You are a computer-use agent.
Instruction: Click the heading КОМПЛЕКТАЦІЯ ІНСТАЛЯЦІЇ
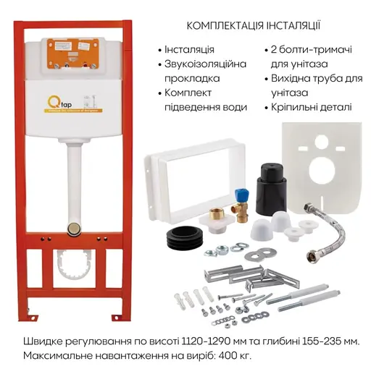click(x=254, y=25)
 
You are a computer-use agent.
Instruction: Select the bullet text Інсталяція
click(x=190, y=50)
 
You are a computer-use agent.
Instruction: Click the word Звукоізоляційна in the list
click(x=205, y=64)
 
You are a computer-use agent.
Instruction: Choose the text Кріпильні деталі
click(x=314, y=107)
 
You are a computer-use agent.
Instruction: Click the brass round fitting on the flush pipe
click(x=72, y=229)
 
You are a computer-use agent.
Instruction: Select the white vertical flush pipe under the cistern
click(x=72, y=181)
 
